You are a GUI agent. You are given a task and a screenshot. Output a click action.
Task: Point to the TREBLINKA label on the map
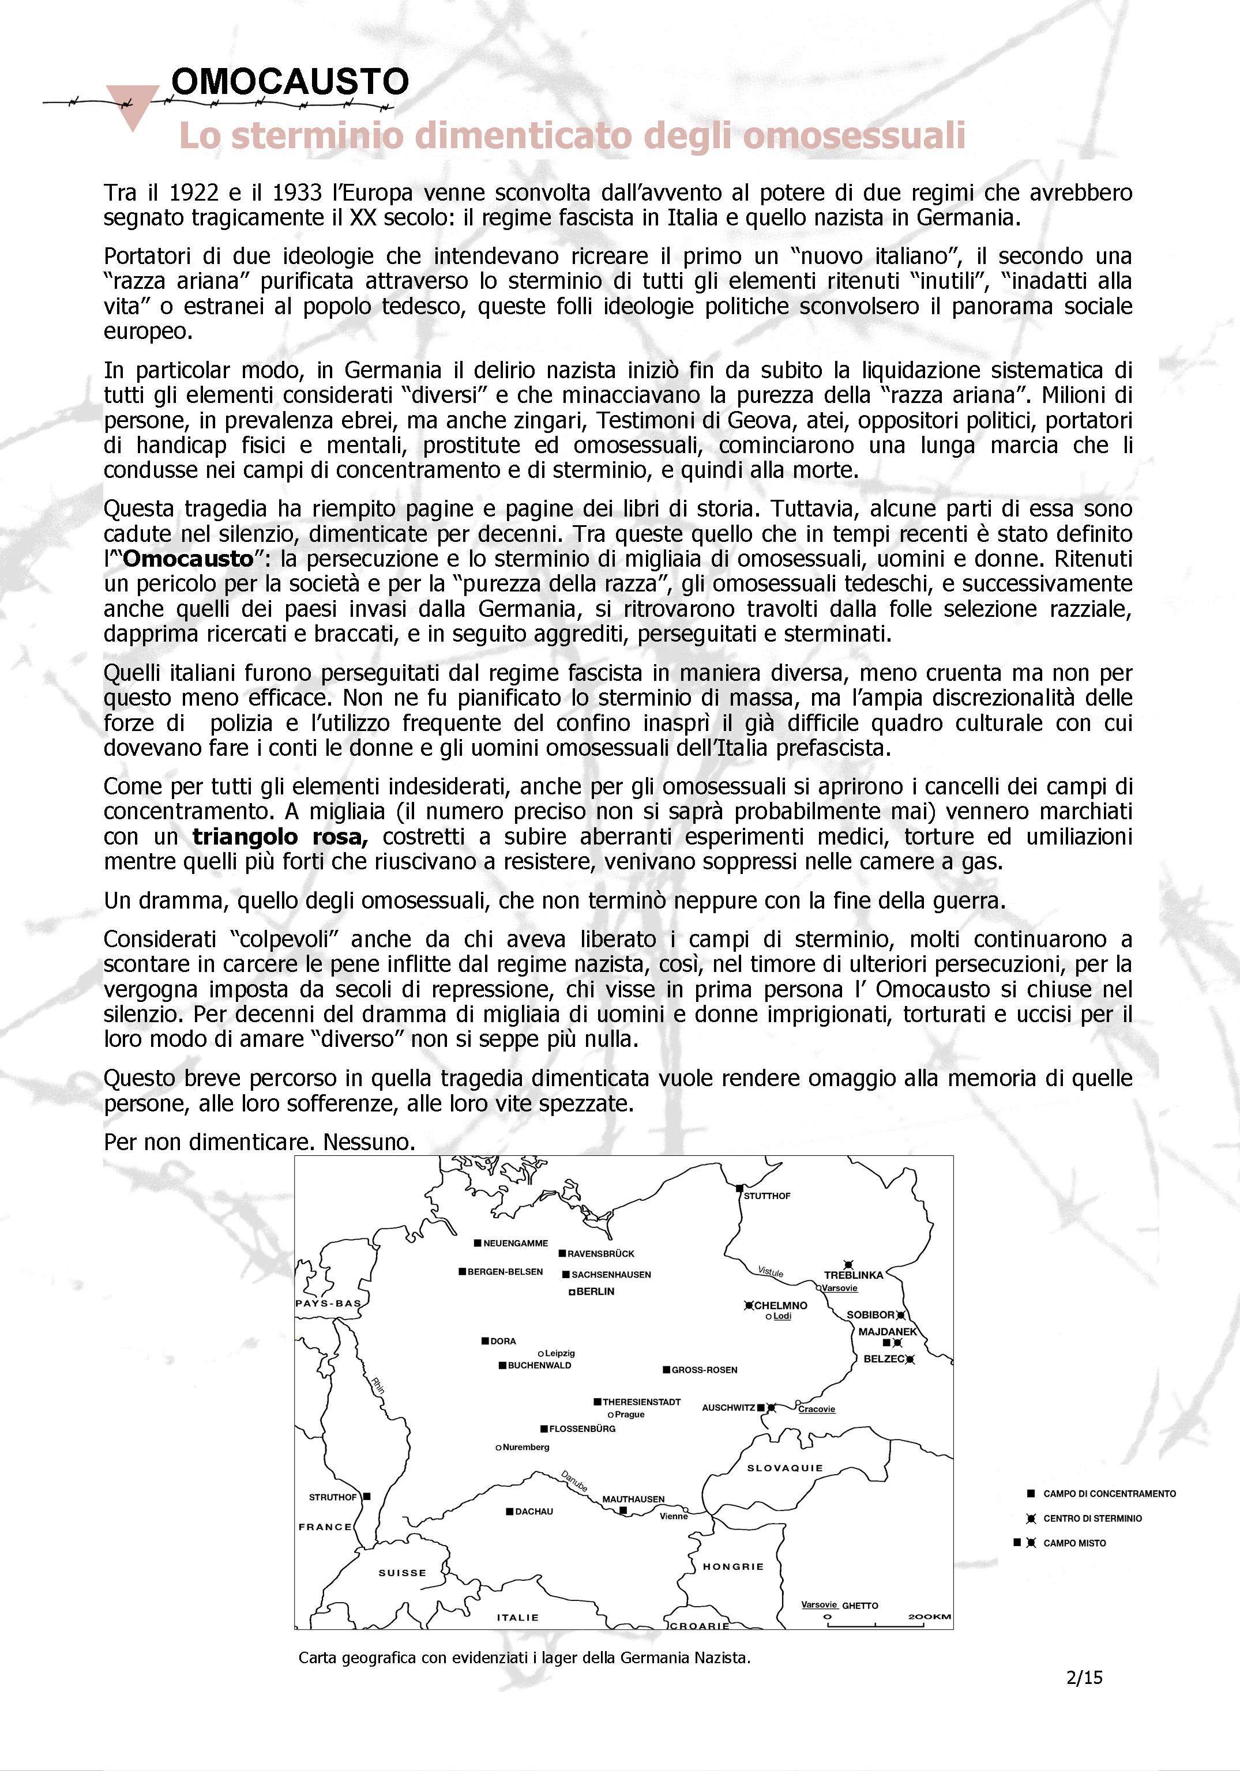(x=854, y=1275)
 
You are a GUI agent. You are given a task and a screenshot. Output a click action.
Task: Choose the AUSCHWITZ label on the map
(x=728, y=1408)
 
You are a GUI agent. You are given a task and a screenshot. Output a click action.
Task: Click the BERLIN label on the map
(x=595, y=1291)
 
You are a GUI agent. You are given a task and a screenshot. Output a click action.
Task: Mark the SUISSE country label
(x=402, y=1573)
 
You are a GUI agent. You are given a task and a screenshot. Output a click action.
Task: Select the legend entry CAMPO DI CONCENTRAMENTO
(x=1109, y=1493)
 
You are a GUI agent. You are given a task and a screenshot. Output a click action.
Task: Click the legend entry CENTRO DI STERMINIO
(x=1092, y=1518)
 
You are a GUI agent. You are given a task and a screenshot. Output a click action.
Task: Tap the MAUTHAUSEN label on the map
(x=633, y=1499)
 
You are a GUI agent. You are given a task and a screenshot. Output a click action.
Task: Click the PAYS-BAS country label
(x=328, y=1303)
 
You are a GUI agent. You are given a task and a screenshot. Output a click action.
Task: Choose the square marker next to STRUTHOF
(x=367, y=1497)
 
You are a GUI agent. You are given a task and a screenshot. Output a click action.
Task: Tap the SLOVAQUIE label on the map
(x=785, y=1468)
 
